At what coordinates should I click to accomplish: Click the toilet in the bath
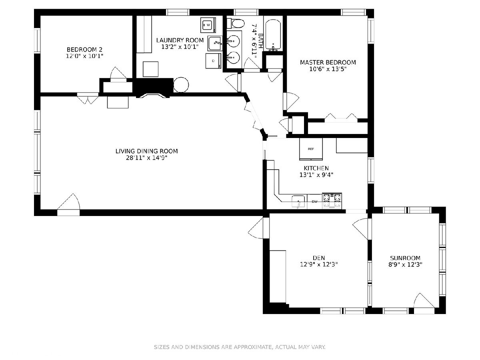[235, 23]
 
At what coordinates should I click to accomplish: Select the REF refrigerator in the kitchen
[311, 149]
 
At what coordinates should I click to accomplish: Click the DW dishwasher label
[314, 202]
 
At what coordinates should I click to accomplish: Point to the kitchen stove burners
[332, 200]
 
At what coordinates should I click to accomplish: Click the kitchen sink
[298, 201]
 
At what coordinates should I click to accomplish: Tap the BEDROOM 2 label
[84, 49]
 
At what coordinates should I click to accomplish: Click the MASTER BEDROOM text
[328, 62]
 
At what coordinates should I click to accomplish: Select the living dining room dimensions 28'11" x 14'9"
[146, 158]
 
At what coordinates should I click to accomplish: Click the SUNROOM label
[405, 258]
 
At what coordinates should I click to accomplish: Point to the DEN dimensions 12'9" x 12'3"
[319, 264]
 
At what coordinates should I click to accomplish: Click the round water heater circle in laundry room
[181, 84]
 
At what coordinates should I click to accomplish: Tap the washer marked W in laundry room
[208, 25]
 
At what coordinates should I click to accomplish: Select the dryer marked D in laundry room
[213, 61]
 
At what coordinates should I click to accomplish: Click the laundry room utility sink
[215, 43]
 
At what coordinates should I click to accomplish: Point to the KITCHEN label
[316, 168]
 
